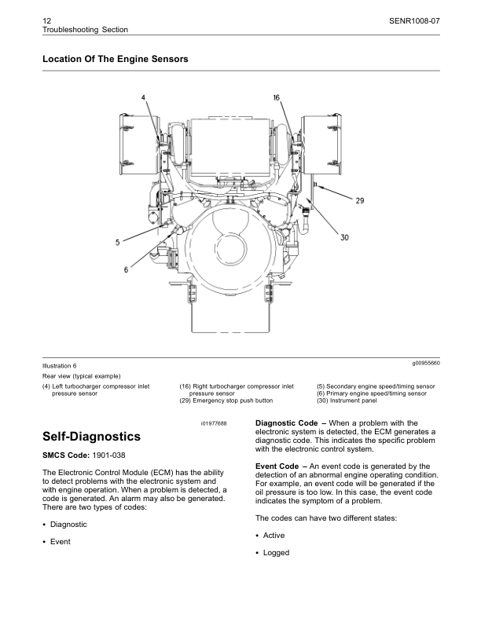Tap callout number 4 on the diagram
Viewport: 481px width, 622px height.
[x=144, y=97]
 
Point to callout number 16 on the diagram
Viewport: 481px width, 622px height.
[x=277, y=97]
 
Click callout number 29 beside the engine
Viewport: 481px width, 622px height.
[x=359, y=201]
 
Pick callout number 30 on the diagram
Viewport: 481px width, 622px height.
[x=344, y=238]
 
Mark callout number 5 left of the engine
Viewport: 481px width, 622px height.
[x=118, y=243]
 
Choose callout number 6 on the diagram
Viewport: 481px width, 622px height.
[x=126, y=269]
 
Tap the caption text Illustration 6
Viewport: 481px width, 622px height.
[x=60, y=366]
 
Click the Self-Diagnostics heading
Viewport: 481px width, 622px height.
[x=92, y=436]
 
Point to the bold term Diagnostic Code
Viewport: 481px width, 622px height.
[x=287, y=423]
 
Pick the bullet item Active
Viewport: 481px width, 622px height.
[x=274, y=536]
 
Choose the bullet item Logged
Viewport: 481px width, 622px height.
[x=276, y=553]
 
